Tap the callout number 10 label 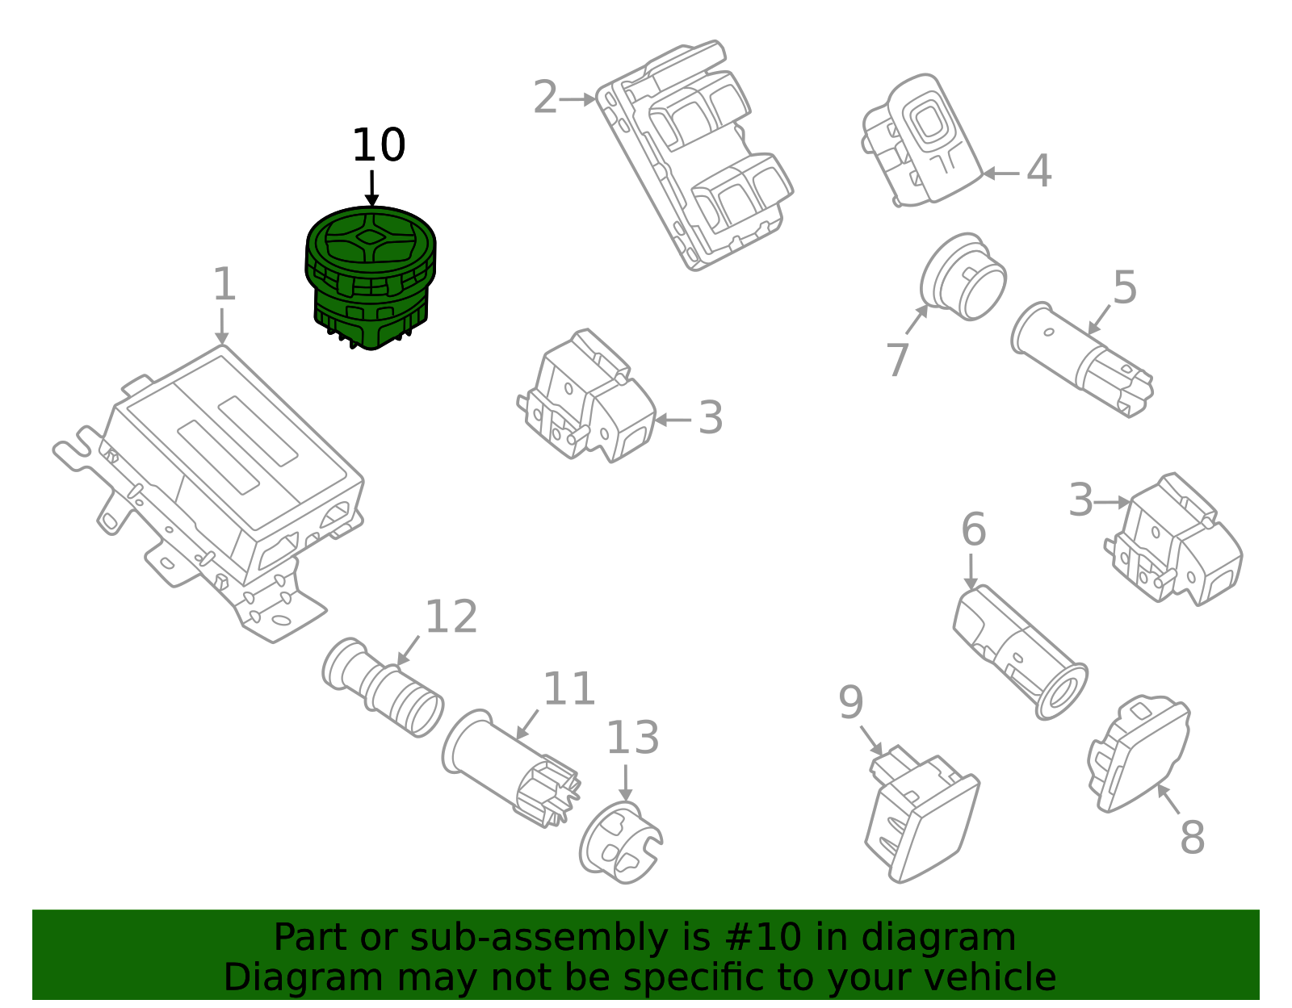click(x=378, y=146)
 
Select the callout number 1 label click(x=224, y=285)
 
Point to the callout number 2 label click(x=545, y=98)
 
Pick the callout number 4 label click(x=1038, y=171)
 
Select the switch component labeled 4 click(x=921, y=141)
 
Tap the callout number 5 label click(x=1124, y=287)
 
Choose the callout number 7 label click(x=897, y=359)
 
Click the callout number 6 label click(x=973, y=529)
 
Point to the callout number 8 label click(x=1192, y=837)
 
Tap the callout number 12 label click(x=451, y=617)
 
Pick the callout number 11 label click(x=568, y=689)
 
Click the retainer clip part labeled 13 click(x=620, y=843)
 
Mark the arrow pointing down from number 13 click(x=625, y=782)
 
